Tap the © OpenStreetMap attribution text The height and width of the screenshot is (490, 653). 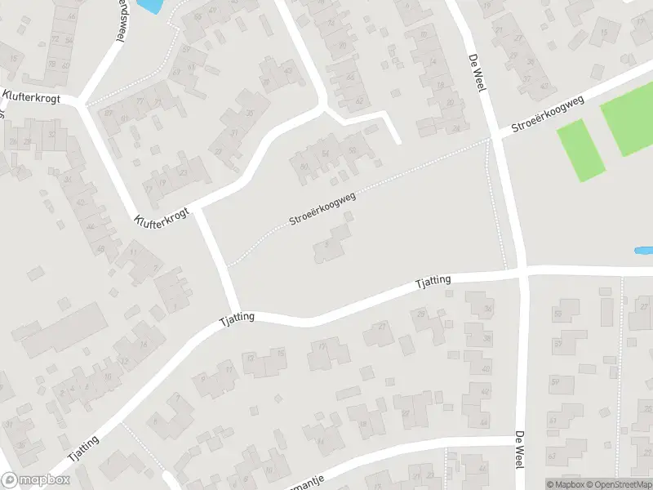(616, 484)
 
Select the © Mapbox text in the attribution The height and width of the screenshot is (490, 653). (566, 484)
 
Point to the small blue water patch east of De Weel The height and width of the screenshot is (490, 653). (643, 250)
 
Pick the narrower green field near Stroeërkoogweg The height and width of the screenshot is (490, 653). (581, 150)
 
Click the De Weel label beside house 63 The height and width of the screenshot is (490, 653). (519, 448)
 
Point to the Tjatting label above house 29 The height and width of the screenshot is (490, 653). (433, 283)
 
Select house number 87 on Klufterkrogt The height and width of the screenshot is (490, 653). (109, 112)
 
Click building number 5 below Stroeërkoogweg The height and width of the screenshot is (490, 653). (327, 243)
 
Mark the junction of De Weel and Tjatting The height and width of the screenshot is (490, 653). (519, 271)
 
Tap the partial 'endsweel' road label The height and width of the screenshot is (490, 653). (118, 20)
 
